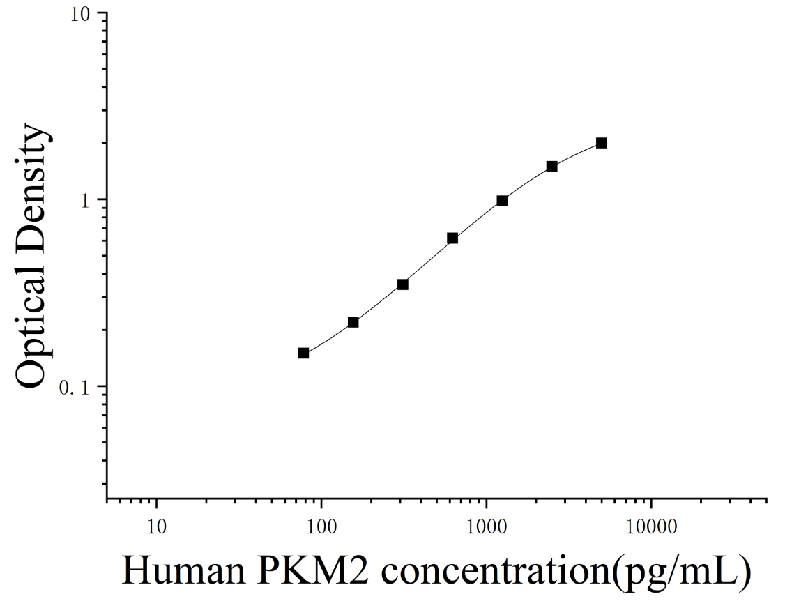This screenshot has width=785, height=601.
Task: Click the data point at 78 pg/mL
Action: point(303,353)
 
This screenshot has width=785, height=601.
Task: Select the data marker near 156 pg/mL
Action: point(353,322)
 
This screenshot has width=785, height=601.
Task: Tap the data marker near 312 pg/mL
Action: point(402,284)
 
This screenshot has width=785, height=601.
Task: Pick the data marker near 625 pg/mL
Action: point(452,238)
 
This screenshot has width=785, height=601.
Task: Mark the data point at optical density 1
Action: point(502,201)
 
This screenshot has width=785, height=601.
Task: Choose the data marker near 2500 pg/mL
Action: point(551,166)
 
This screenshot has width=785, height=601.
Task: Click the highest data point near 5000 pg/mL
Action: point(602,143)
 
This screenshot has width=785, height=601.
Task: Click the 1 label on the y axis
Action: point(84,200)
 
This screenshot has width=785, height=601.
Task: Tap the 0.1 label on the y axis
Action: point(74,387)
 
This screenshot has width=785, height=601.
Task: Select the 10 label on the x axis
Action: point(157,526)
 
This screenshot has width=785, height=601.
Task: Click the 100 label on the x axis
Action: point(321,526)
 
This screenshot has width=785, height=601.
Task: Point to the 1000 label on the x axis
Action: point(486,526)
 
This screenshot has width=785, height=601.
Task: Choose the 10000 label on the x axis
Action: point(651,526)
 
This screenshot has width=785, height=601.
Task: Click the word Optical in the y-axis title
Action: point(31,326)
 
